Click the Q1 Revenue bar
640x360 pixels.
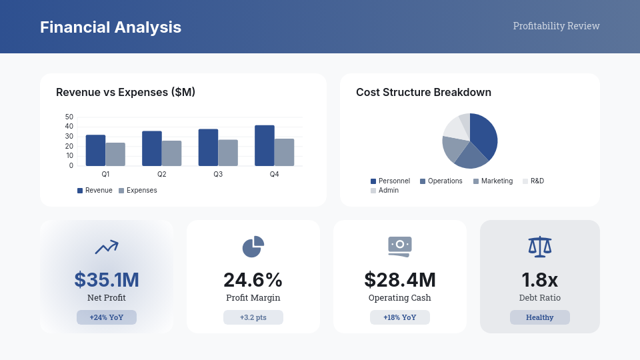pyautogui.click(x=95, y=151)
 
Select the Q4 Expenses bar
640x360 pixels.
pyautogui.click(x=284, y=153)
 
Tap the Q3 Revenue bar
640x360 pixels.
pyautogui.click(x=208, y=147)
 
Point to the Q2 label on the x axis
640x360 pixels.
pyautogui.click(x=162, y=174)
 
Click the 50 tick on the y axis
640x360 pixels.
pyautogui.click(x=69, y=117)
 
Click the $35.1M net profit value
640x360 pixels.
pyautogui.click(x=107, y=280)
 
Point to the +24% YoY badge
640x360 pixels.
pyautogui.click(x=107, y=317)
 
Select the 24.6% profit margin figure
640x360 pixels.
pyautogui.click(x=253, y=280)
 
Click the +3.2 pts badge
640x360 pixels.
pyautogui.click(x=253, y=317)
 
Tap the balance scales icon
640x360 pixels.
pyautogui.click(x=540, y=247)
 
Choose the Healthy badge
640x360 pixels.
pyautogui.click(x=540, y=317)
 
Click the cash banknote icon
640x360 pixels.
pyautogui.click(x=400, y=246)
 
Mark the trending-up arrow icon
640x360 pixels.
pyautogui.click(x=107, y=247)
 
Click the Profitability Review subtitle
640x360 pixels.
pyautogui.click(x=556, y=26)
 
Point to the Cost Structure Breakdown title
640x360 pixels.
pyautogui.click(x=423, y=93)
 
